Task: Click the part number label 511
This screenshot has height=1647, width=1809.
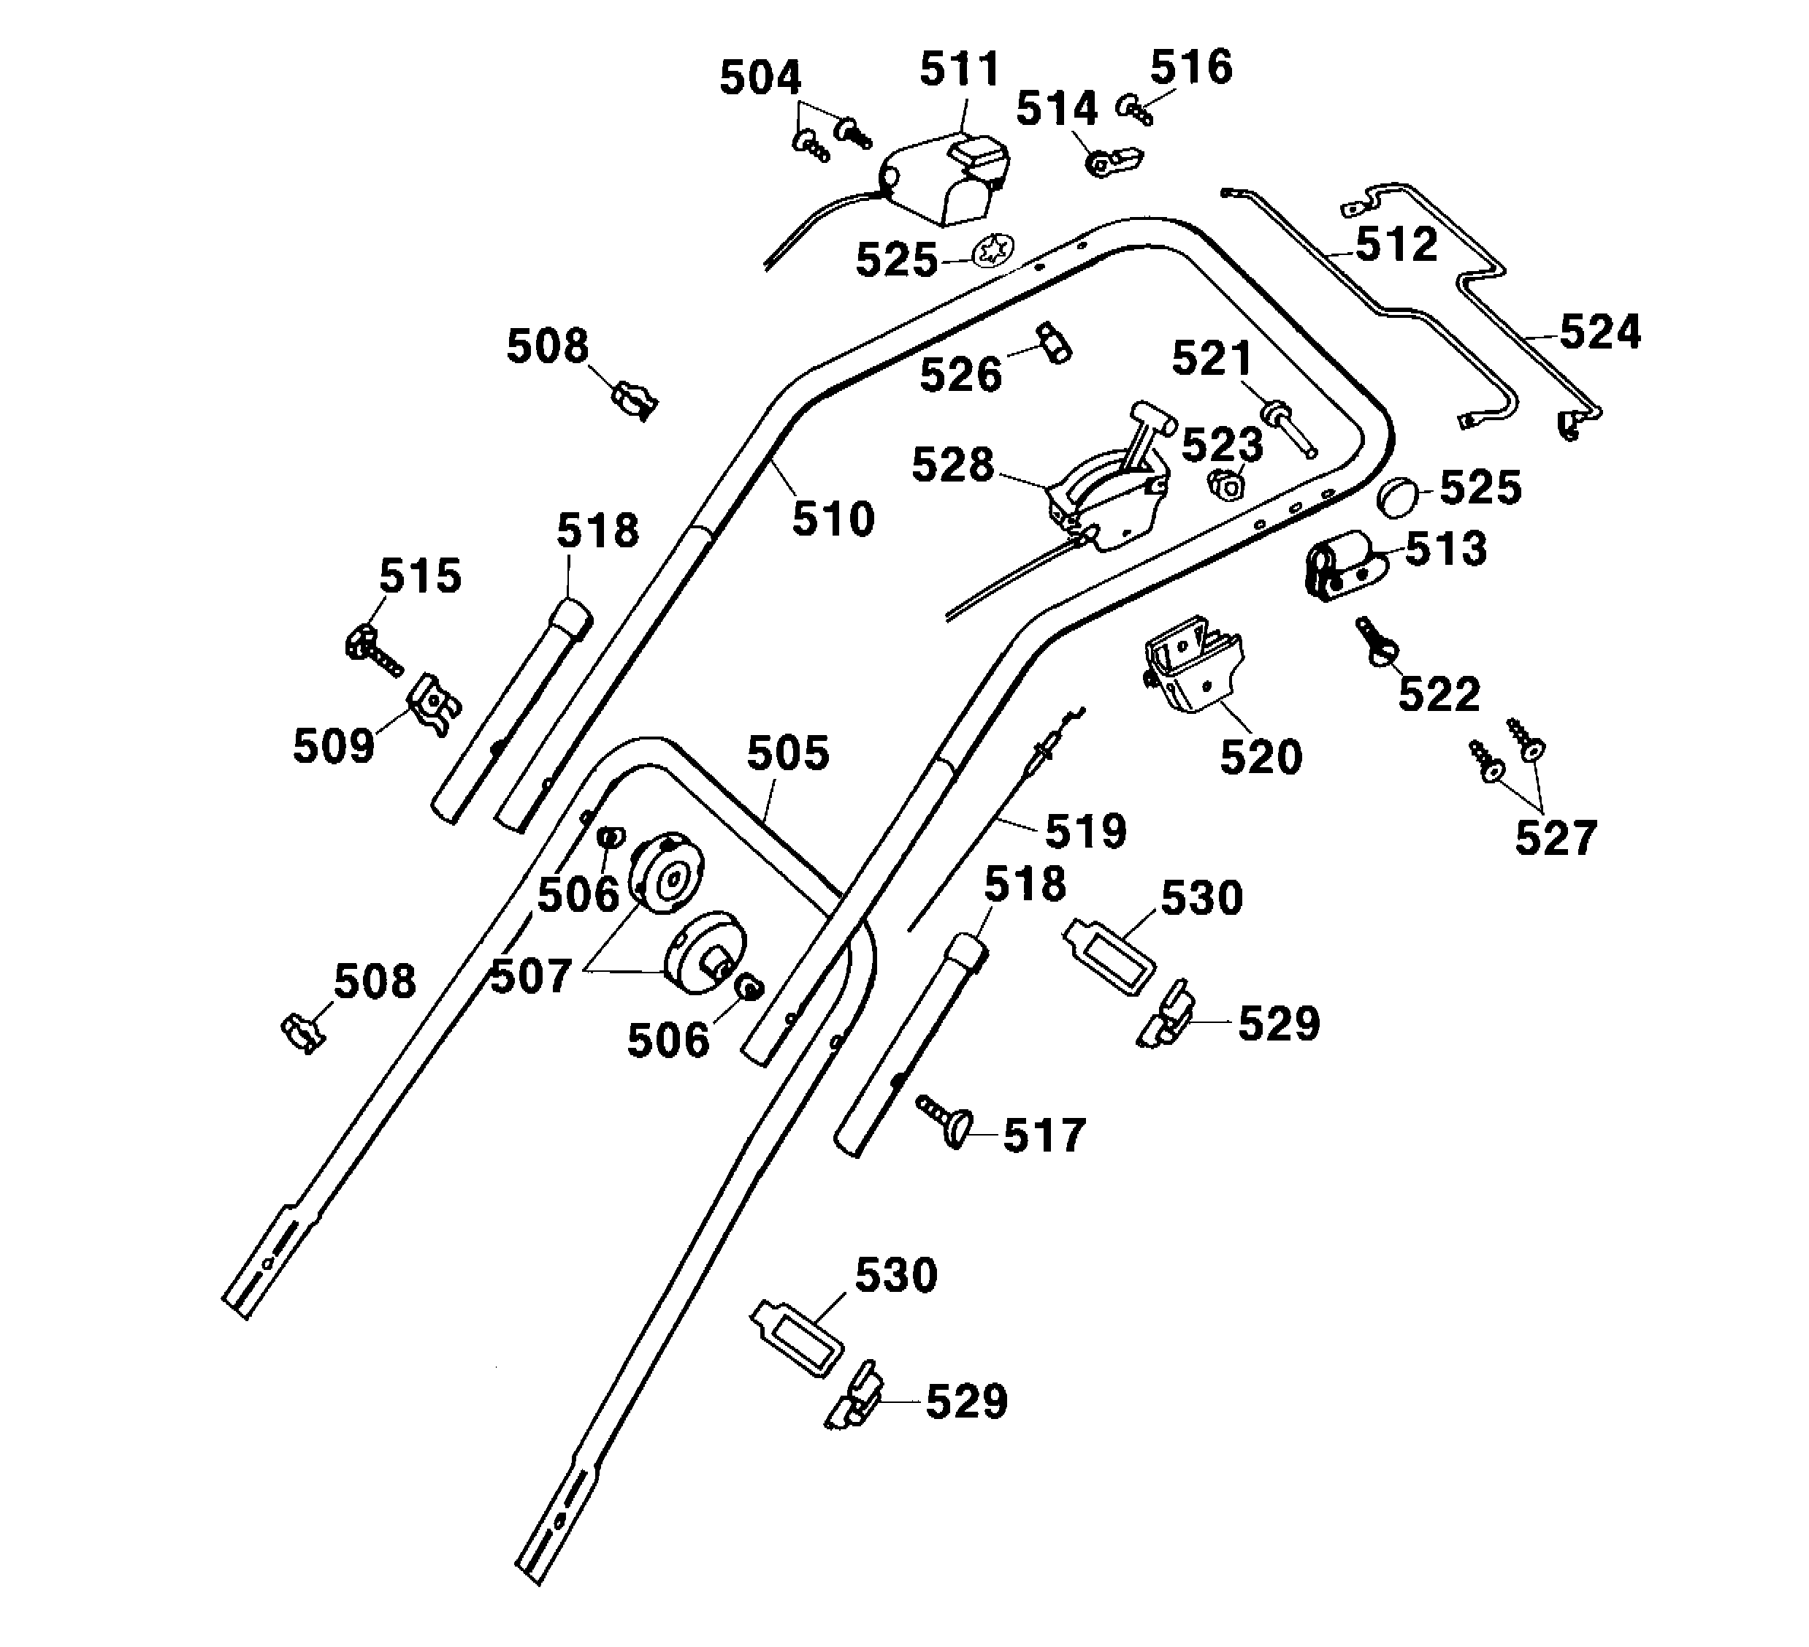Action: click(959, 70)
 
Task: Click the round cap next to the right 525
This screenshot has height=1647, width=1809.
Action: click(1398, 497)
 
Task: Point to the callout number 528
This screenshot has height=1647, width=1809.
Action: click(952, 465)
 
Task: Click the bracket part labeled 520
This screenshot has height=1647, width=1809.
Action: click(1193, 663)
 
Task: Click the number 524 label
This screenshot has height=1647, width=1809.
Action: click(1600, 332)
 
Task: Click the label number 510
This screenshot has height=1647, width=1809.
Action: click(833, 520)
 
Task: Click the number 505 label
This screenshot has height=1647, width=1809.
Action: click(788, 753)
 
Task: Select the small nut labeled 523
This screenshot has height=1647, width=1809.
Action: click(1225, 484)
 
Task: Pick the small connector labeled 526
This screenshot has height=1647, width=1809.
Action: click(1055, 342)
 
